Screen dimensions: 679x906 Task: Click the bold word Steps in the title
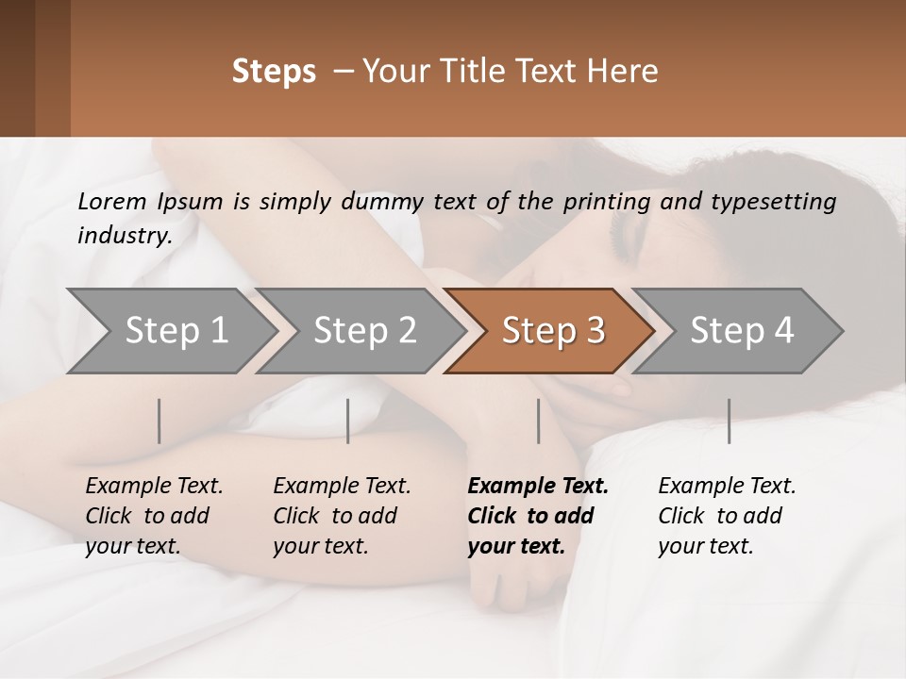(274, 72)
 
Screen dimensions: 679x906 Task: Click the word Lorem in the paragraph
(111, 201)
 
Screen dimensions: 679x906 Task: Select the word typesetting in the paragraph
(779, 201)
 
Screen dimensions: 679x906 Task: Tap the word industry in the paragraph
(124, 236)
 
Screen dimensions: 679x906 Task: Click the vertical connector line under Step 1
(159, 421)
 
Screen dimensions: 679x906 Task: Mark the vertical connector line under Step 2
(348, 421)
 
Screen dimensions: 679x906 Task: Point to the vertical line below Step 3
(538, 421)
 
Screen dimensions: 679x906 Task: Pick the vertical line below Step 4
(729, 421)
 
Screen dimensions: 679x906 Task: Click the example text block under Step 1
(154, 516)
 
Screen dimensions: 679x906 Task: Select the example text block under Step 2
(342, 516)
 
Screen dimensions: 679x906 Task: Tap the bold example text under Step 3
(537, 516)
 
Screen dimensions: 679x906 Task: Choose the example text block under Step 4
(727, 516)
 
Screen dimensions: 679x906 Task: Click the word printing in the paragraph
(609, 201)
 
